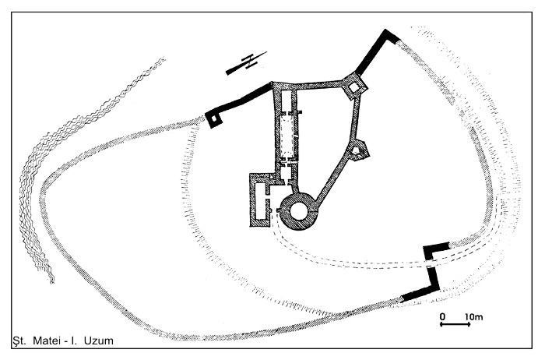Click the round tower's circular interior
click(298, 211)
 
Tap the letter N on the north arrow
click(249, 62)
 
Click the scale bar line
click(455, 324)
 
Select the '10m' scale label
click(473, 317)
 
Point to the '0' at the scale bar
click(442, 317)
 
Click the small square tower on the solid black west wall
click(213, 119)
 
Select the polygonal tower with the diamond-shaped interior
click(354, 86)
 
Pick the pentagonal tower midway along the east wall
click(357, 150)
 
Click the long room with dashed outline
click(287, 137)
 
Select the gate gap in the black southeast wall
click(430, 263)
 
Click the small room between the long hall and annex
click(287, 171)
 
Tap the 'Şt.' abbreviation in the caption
click(19, 341)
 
